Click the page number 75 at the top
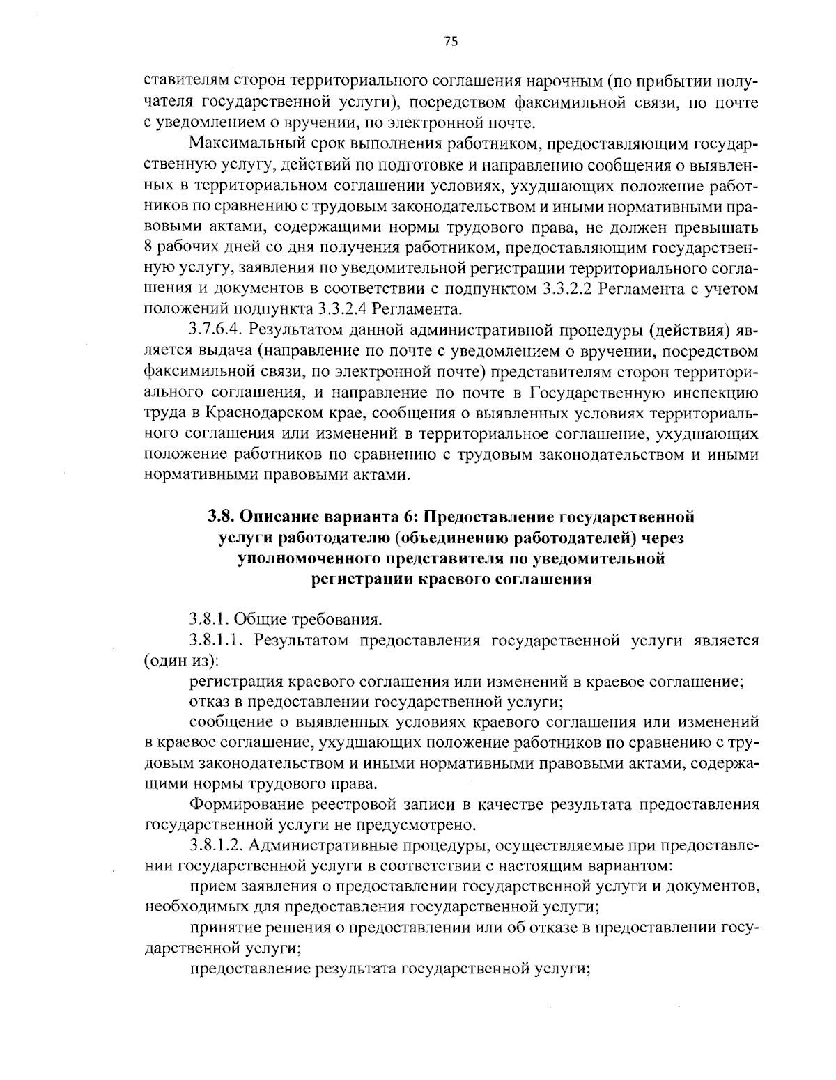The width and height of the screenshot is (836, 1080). [450, 42]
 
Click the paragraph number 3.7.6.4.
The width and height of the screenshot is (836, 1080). [216, 329]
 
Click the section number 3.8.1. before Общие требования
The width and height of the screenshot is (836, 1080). [210, 619]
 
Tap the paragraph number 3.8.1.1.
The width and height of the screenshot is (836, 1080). [215, 640]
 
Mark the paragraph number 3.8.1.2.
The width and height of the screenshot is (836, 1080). [216, 846]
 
